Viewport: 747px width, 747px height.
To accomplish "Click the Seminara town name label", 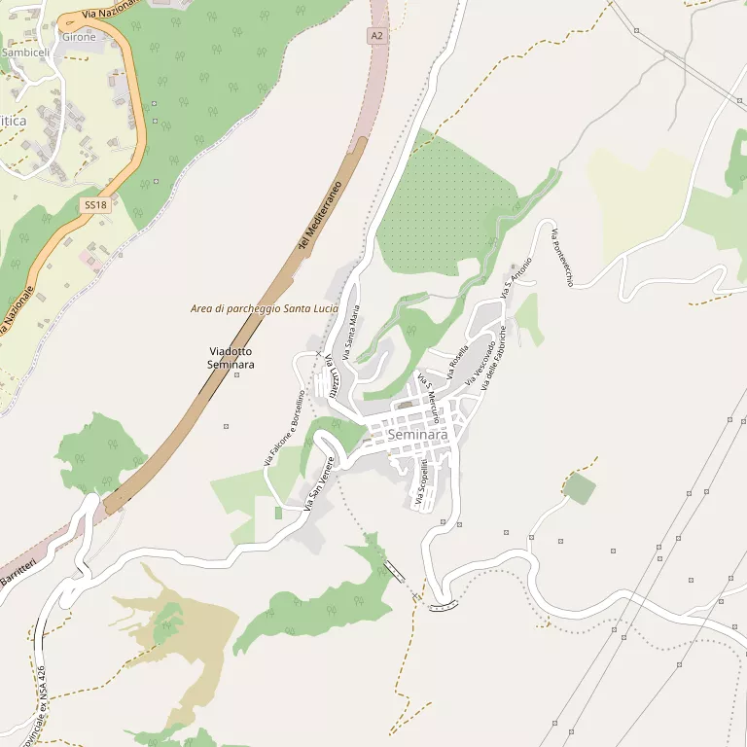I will coord(418,435).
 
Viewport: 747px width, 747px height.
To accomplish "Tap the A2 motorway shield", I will coord(377,36).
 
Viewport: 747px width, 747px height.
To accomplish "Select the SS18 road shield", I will coord(94,204).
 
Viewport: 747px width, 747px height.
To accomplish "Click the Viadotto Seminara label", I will coord(231,357).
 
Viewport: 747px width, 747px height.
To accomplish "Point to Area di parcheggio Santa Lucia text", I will coord(265,308).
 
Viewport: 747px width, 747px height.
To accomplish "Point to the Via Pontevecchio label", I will coord(563,258).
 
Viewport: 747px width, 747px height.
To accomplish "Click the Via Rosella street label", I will coord(458,361).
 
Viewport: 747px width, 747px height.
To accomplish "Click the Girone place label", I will coord(79,37).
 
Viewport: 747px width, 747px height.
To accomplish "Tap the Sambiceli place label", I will coord(25,52).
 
